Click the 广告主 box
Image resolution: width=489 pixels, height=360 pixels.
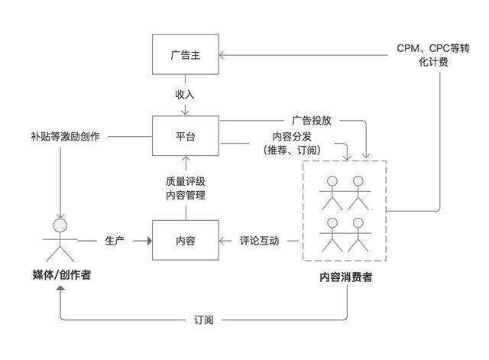click(185, 55)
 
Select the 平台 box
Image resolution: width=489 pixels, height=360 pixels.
click(185, 137)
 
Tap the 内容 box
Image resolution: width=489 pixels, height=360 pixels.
click(185, 240)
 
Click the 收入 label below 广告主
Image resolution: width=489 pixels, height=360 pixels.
click(185, 95)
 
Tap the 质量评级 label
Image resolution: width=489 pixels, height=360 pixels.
click(185, 181)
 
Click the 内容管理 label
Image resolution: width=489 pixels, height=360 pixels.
click(185, 195)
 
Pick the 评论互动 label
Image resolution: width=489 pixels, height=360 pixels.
click(260, 240)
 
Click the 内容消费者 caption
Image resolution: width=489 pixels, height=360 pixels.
click(345, 277)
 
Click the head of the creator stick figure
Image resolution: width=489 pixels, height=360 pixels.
click(60, 225)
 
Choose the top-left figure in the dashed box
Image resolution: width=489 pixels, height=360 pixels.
click(332, 193)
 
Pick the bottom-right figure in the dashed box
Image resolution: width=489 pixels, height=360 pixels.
click(356, 235)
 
